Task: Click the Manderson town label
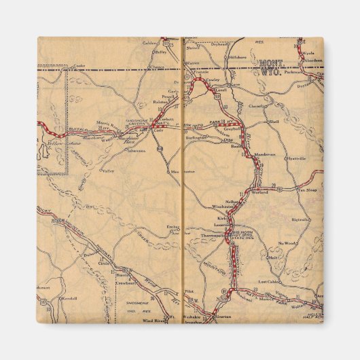pos(264,154)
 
